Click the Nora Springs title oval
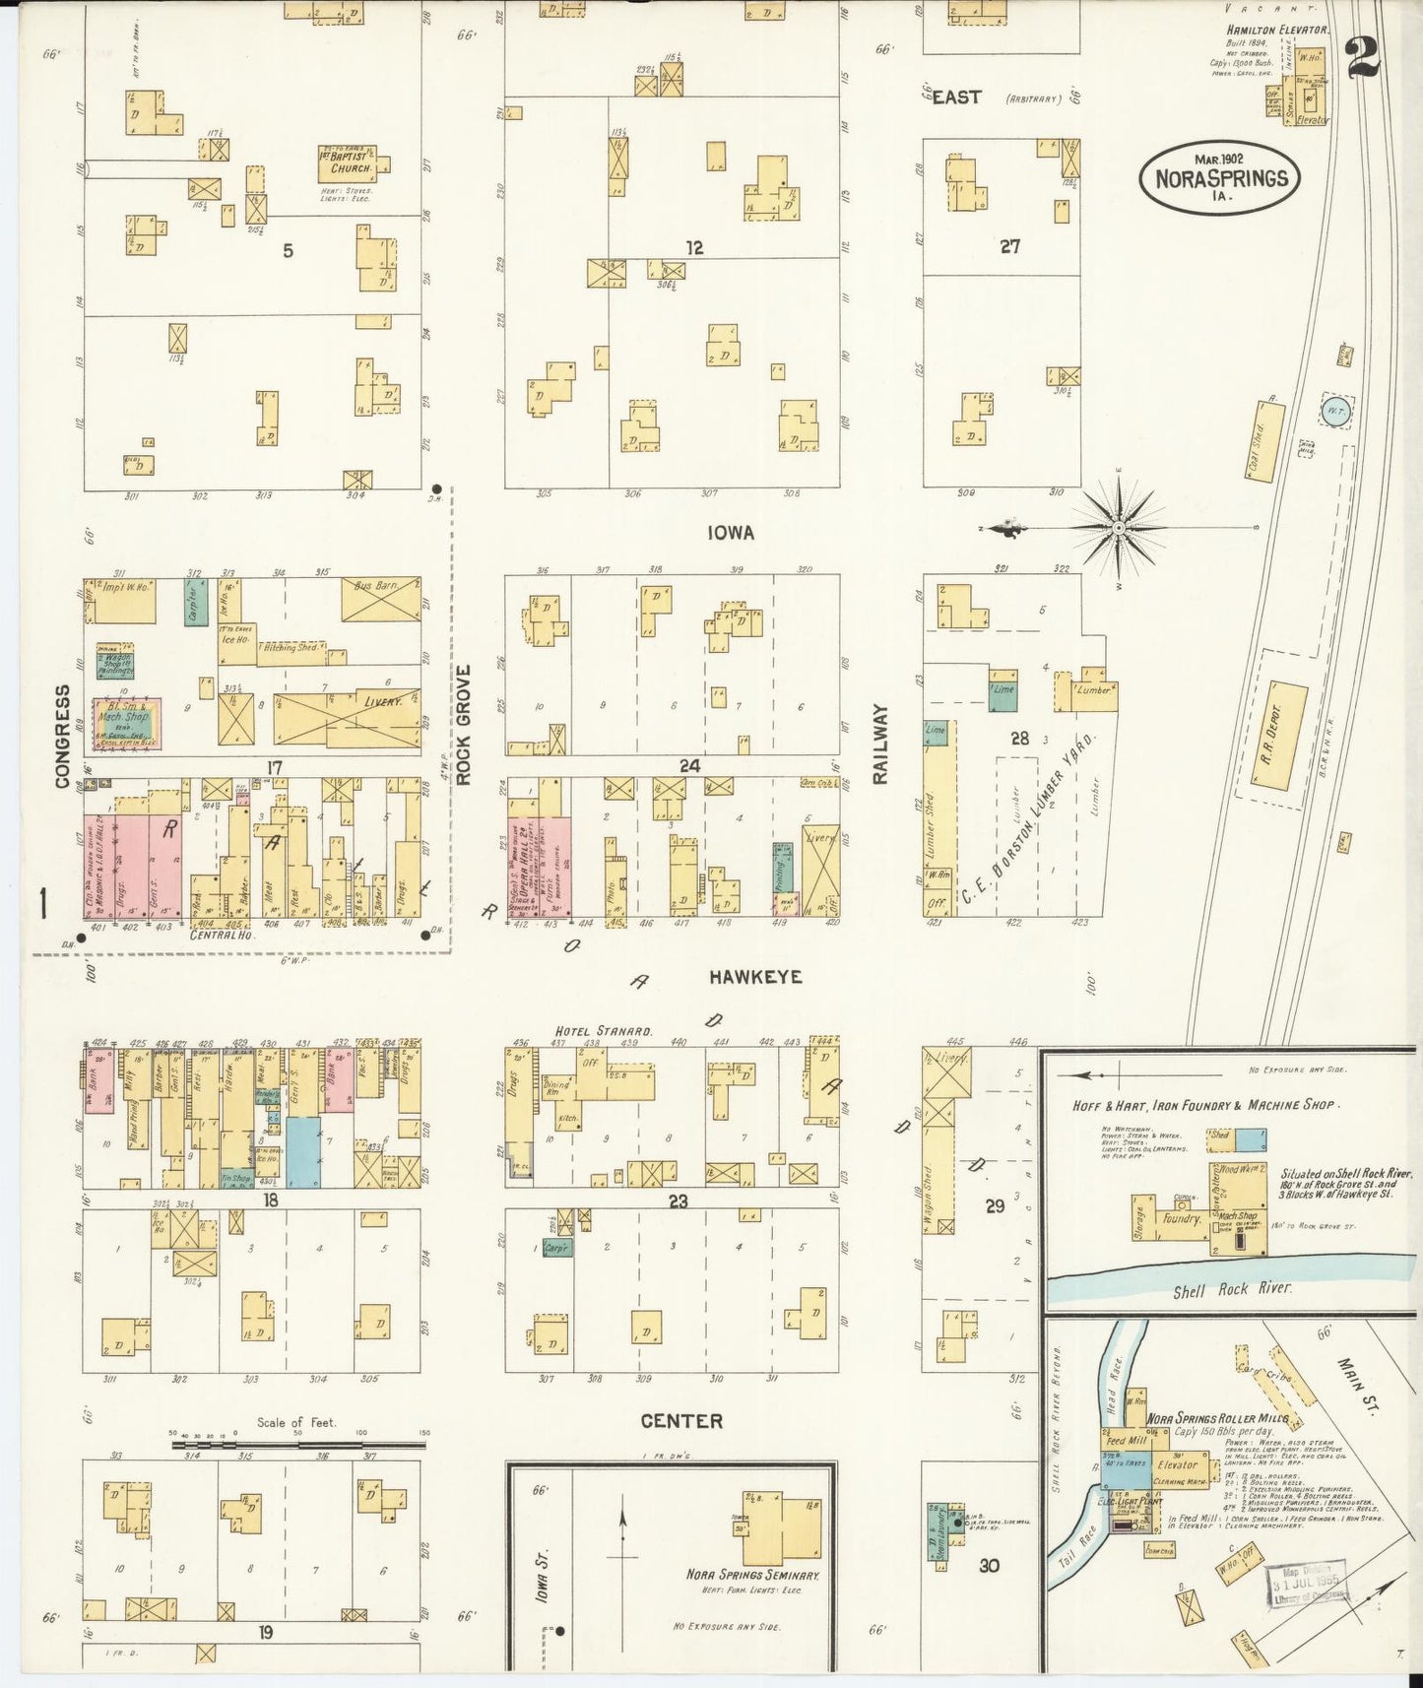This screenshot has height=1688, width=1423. point(1220,177)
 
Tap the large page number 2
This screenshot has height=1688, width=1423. point(1363,57)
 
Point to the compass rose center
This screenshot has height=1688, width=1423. point(1119,529)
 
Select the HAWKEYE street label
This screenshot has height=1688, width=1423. point(755,977)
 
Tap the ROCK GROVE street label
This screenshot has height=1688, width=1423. point(464,724)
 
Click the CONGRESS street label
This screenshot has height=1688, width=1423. point(62,736)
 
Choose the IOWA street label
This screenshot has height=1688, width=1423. point(730,533)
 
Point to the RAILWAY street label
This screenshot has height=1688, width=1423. point(880,744)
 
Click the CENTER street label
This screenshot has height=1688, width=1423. point(681,1421)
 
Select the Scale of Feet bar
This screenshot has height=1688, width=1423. point(298,1445)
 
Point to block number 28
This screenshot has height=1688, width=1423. point(1019,738)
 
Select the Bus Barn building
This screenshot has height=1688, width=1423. point(380,599)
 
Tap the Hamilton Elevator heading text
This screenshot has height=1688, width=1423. point(1276,31)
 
